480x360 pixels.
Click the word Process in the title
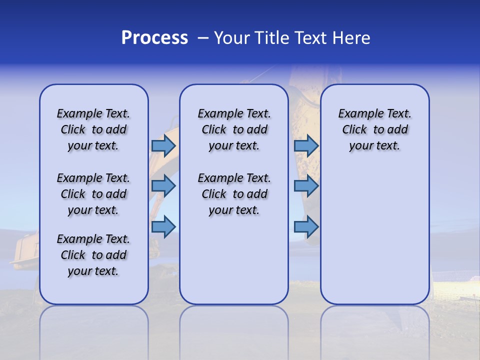point(154,38)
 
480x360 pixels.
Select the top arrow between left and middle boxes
point(163,145)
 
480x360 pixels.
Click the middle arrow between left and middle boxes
point(163,186)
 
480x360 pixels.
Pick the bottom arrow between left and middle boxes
point(163,226)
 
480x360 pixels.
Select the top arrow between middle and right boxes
point(306,145)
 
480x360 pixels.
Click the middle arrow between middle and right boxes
point(306,186)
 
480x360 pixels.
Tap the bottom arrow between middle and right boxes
point(306,226)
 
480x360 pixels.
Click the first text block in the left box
point(93,129)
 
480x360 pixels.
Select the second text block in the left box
point(93,194)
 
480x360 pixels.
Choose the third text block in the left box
point(93,255)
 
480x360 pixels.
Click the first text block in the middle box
point(234,129)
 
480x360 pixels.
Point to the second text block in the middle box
point(234,194)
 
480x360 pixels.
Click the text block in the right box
point(374,129)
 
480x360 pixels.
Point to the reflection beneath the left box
point(93,325)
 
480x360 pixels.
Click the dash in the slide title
point(202,38)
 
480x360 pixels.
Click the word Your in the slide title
point(232,38)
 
